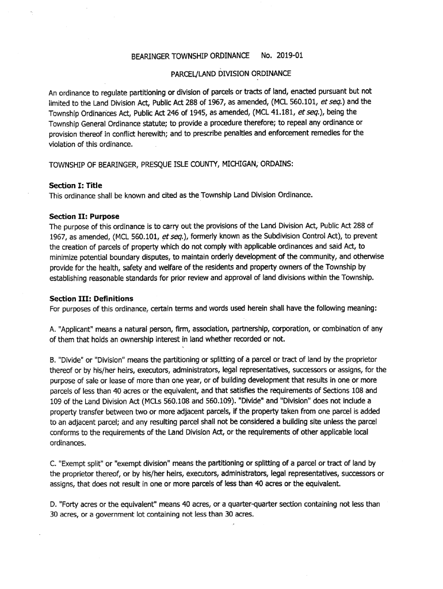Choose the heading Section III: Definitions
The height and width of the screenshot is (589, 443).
coord(91,299)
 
